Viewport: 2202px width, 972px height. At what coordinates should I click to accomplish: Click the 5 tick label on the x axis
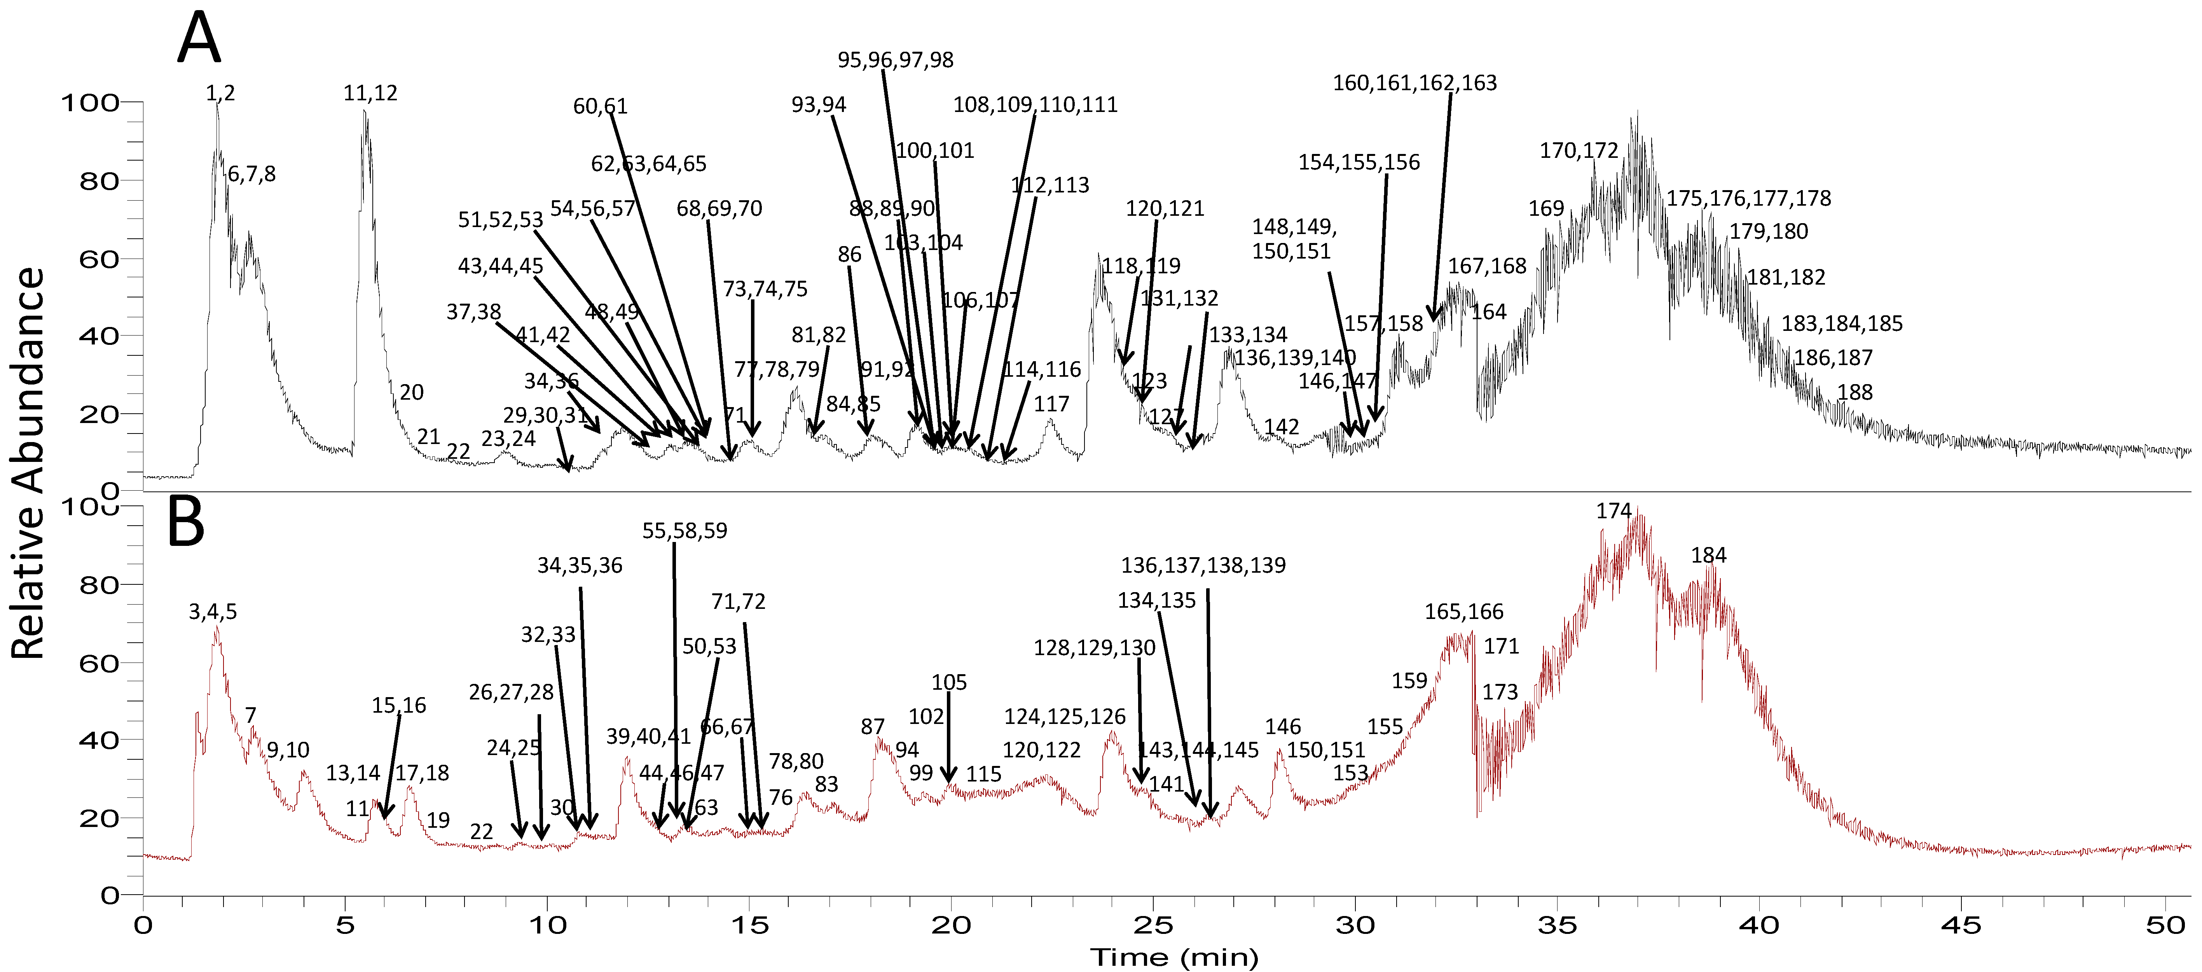point(345,925)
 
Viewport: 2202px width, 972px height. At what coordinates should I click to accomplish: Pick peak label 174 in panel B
point(1614,511)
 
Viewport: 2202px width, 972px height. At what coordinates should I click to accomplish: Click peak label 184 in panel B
point(1709,556)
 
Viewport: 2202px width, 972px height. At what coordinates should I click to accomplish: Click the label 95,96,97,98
point(895,60)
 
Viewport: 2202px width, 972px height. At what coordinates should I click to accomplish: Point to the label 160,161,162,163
point(1415,83)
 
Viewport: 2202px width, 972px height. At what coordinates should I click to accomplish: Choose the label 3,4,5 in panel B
point(213,612)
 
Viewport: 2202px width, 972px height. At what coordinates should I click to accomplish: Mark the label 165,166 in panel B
point(1463,612)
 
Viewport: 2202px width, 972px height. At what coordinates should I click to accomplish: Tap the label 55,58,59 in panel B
point(685,531)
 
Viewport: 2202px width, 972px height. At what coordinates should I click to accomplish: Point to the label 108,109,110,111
point(1035,104)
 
